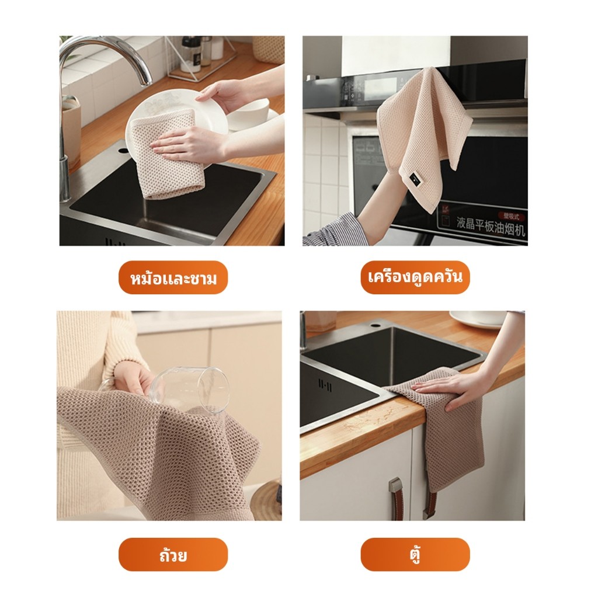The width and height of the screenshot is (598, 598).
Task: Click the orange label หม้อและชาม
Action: [173, 277]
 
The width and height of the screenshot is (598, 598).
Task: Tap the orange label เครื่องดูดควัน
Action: [415, 277]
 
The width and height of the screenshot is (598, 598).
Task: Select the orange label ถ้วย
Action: [173, 555]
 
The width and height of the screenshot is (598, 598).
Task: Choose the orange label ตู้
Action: [415, 555]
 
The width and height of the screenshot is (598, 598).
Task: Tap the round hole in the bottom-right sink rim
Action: [376, 326]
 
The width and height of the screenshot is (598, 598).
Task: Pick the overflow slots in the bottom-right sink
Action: [325, 387]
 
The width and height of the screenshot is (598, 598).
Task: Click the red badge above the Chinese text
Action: [512, 216]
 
